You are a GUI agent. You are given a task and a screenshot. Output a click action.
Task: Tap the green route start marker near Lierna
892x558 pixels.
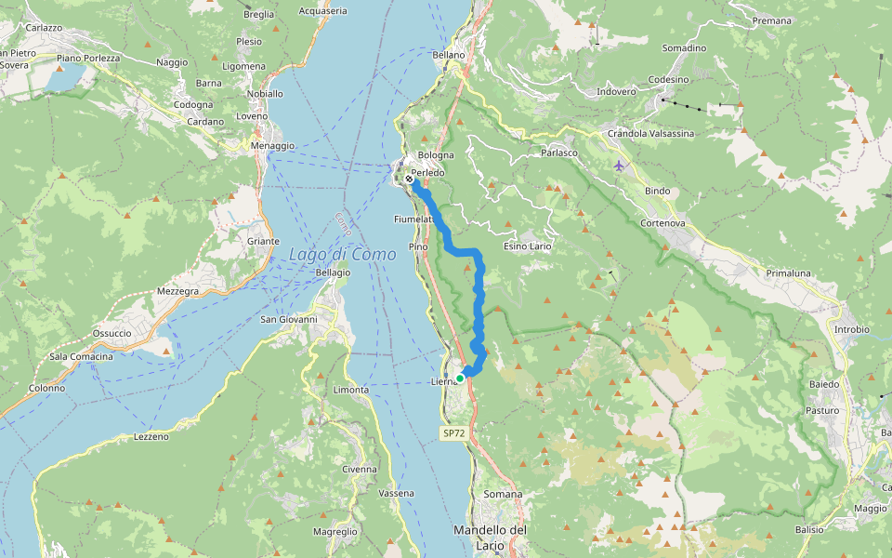[460, 379]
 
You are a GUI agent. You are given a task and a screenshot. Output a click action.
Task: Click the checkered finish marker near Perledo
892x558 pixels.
[410, 179]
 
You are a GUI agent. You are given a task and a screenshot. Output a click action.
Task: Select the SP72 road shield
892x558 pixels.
[453, 433]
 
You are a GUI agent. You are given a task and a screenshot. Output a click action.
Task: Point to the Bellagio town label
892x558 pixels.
[333, 272]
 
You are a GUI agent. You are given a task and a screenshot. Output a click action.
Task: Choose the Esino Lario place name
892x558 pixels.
[528, 246]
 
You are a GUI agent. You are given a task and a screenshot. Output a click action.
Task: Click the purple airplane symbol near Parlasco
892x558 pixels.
[620, 166]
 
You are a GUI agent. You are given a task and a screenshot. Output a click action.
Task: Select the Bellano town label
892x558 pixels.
[449, 55]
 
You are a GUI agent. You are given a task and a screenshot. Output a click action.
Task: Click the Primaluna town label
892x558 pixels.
[789, 273]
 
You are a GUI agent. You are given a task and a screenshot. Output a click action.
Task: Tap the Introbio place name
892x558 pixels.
[851, 329]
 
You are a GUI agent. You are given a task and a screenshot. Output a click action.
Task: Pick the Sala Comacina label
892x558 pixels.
[81, 357]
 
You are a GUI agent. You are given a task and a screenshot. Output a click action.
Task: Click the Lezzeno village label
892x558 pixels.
[152, 436]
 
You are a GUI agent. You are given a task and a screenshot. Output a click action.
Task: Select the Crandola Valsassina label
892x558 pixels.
[650, 134]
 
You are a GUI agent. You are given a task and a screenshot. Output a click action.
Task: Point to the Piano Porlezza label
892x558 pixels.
[88, 59]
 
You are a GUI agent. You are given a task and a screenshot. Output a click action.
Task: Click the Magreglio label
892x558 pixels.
[334, 531]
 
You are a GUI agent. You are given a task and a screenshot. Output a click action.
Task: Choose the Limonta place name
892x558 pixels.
[350, 390]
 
